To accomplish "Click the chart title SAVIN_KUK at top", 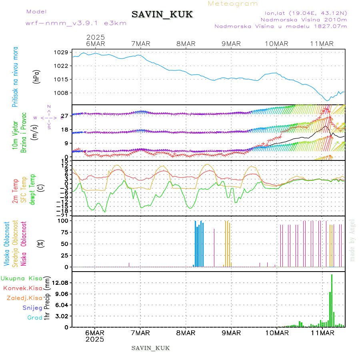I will click(x=162, y=15).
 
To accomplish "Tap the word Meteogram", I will click(x=233, y=4).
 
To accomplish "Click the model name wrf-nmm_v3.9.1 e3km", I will click(x=76, y=23).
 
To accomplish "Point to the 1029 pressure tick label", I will click(x=61, y=52).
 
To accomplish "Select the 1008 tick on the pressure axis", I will click(x=61, y=93).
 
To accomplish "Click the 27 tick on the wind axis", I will click(x=64, y=116).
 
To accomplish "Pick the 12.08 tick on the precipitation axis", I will click(x=61, y=283).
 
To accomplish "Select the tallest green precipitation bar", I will click(x=332, y=300).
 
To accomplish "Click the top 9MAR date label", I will click(x=231, y=44).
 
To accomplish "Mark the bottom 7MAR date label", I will click(x=140, y=333).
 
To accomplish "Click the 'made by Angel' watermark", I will click(x=352, y=240).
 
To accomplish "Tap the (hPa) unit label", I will click(x=37, y=76).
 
